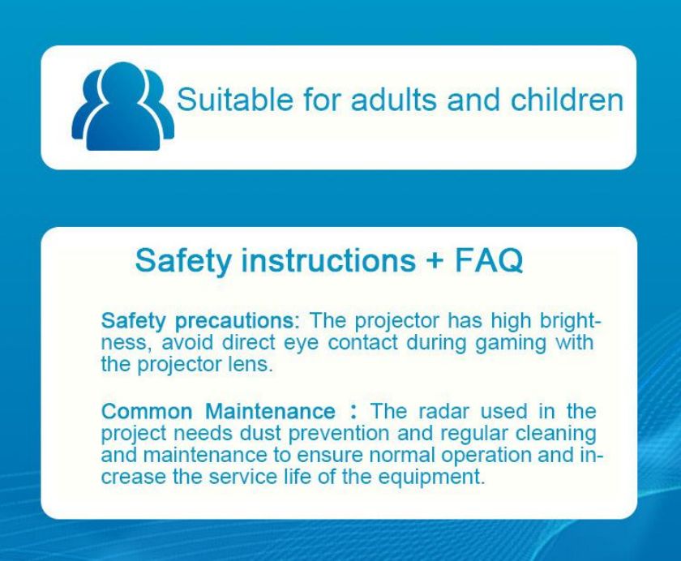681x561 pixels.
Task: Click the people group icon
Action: [x=123, y=106]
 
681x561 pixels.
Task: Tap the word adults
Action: [x=393, y=99]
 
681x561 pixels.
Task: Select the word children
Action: [x=567, y=99]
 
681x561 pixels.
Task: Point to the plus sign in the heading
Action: [x=435, y=260]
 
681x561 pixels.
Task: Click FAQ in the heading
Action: [x=489, y=260]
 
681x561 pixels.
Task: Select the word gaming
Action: [x=512, y=343]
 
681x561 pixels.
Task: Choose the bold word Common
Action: [x=147, y=411]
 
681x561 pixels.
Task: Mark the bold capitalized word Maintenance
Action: [x=270, y=411]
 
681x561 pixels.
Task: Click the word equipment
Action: [x=430, y=477]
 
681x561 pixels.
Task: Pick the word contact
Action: [x=362, y=342]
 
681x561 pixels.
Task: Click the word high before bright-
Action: [x=511, y=321]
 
